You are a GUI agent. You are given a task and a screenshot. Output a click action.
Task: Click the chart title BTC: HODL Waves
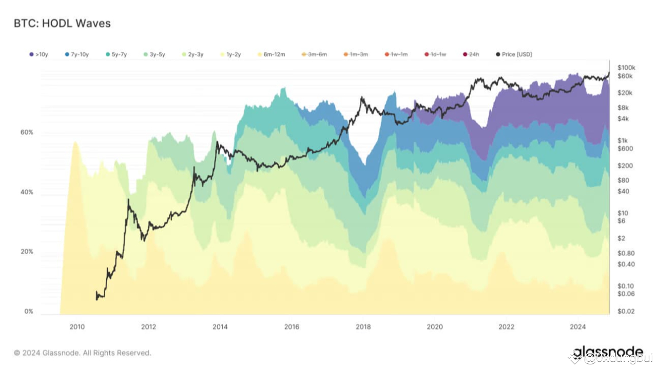pyautogui.click(x=62, y=23)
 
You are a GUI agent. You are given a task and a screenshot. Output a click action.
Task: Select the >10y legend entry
pyautogui.click(x=38, y=54)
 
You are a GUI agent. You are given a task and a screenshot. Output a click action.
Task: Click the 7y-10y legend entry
pyautogui.click(x=78, y=54)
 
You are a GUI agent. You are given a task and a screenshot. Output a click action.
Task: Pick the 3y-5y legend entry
pyautogui.click(x=154, y=54)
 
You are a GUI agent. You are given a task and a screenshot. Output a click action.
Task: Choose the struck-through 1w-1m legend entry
pyautogui.click(x=396, y=54)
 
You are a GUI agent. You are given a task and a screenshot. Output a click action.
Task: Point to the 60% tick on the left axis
pyautogui.click(x=27, y=132)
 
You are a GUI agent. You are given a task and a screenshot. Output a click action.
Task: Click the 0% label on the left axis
pyautogui.click(x=28, y=311)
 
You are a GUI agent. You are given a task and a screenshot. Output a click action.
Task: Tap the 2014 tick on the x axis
pyautogui.click(x=220, y=327)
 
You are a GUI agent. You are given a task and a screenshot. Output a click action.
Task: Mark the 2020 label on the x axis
pyautogui.click(x=435, y=327)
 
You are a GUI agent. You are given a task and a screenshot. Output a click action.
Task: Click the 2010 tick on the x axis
pyautogui.click(x=77, y=327)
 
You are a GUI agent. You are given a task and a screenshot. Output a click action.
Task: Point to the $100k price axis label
pyautogui.click(x=626, y=68)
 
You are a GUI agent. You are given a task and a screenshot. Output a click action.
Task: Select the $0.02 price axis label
pyautogui.click(x=626, y=311)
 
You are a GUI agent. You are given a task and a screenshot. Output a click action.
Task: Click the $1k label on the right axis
pyautogui.click(x=623, y=140)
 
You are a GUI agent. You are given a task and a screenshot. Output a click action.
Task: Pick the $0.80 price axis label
pyautogui.click(x=626, y=253)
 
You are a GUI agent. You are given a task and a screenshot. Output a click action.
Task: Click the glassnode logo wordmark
pyautogui.click(x=608, y=352)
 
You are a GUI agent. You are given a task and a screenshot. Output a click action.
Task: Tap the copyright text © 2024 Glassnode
pyautogui.click(x=83, y=353)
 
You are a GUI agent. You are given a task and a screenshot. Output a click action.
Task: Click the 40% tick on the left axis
pyautogui.click(x=27, y=192)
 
